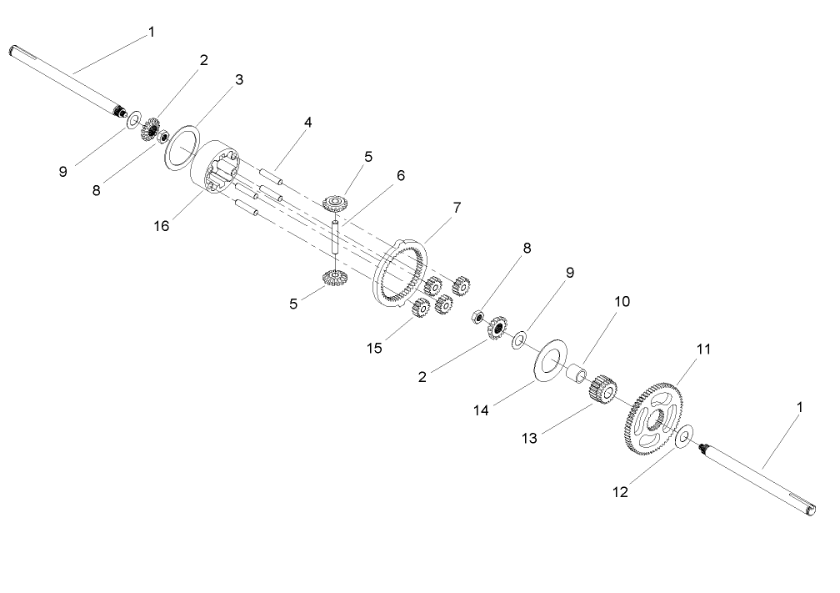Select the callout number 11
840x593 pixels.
[703, 349]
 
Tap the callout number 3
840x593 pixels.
[239, 80]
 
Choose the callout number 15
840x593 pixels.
[376, 347]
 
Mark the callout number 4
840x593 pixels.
[307, 123]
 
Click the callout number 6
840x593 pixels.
[400, 176]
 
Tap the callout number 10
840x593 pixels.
[624, 300]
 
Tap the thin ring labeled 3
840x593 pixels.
[183, 148]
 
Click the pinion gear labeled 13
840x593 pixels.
[602, 390]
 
